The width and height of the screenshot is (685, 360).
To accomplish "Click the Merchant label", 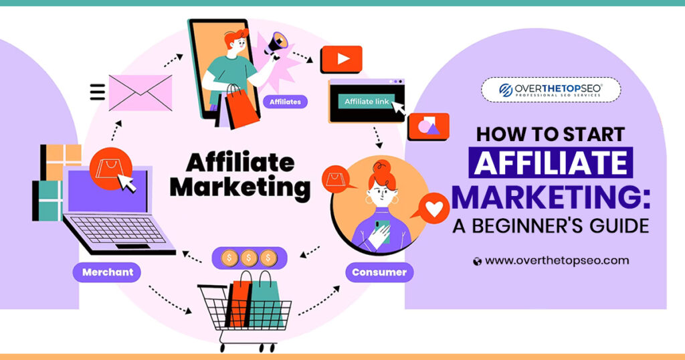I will [x=108, y=272].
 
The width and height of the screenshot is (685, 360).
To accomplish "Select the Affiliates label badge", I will [x=286, y=102].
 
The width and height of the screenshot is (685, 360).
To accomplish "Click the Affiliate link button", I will [x=366, y=102].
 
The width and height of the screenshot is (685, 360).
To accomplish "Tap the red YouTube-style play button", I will [x=341, y=59].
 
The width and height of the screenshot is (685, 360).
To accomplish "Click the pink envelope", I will [x=140, y=93].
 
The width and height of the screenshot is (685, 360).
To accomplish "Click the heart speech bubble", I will [x=435, y=209].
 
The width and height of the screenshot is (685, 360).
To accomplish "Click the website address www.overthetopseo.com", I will [x=557, y=260].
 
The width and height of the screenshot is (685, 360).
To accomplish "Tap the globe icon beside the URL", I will [x=477, y=261].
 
